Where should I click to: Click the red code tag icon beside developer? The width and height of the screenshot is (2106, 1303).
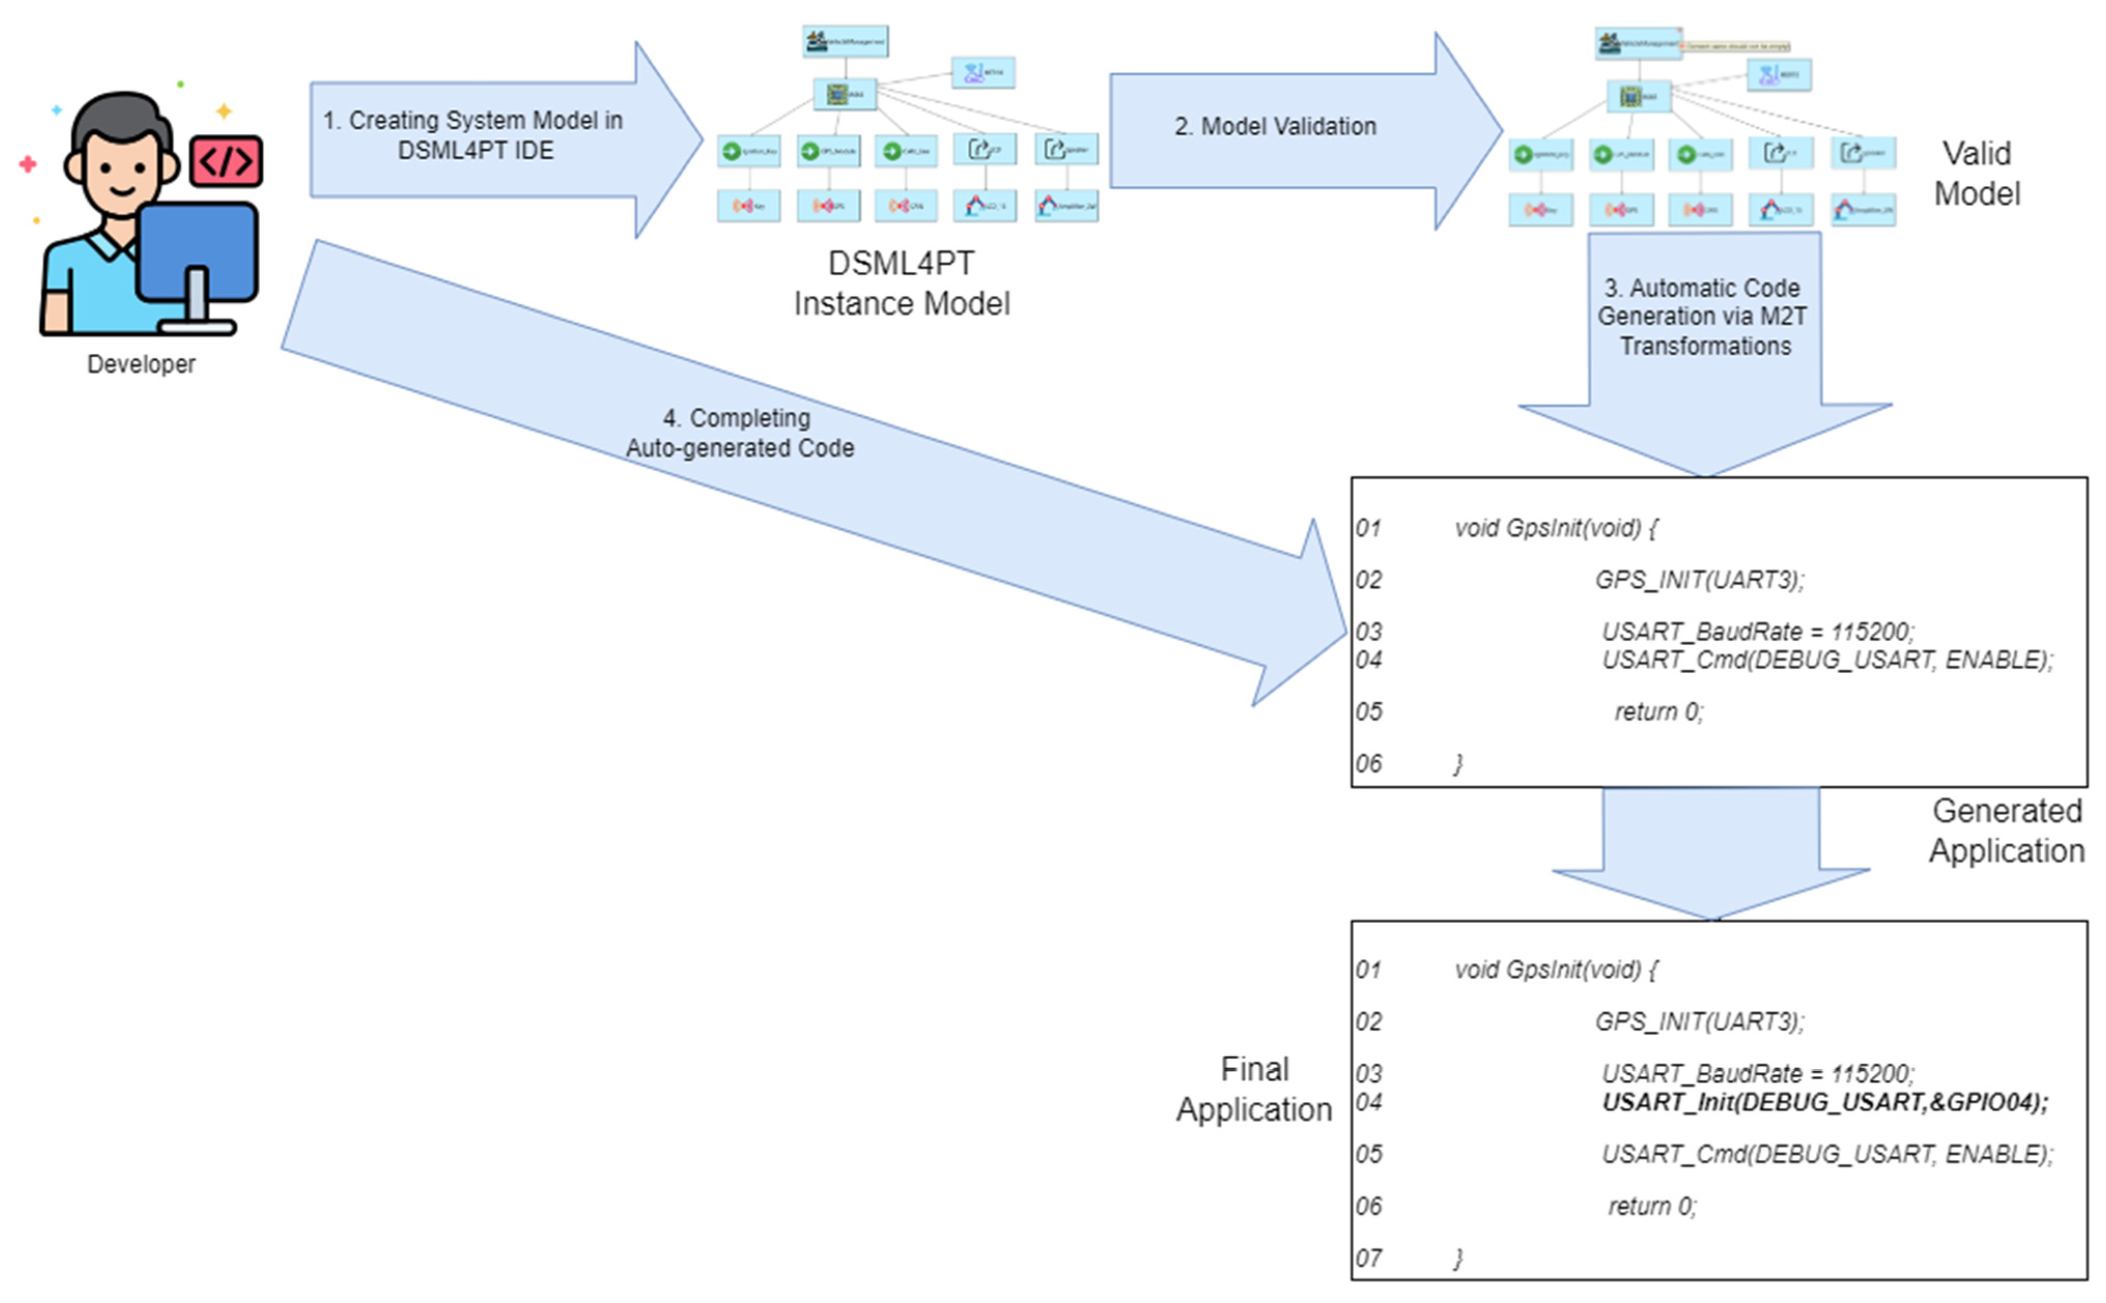tap(226, 161)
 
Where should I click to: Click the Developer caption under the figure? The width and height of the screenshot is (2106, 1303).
tap(142, 364)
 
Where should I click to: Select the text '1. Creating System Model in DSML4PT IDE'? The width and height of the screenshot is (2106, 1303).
tap(473, 135)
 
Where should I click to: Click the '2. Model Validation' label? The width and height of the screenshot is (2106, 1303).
tap(1275, 126)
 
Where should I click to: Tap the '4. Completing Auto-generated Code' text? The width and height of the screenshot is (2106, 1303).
tap(739, 433)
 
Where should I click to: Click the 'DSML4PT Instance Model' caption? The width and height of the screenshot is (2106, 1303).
tap(901, 284)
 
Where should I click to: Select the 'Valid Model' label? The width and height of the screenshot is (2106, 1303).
tap(1977, 173)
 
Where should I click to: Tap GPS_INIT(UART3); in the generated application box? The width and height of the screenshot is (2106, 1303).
tap(1699, 580)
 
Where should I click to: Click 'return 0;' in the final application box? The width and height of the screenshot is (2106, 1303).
tap(1652, 1207)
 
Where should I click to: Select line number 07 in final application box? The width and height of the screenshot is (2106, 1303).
tap(1368, 1258)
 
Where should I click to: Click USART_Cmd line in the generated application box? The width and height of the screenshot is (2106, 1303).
tap(1827, 660)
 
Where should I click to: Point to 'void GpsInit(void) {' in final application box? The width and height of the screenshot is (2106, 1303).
tap(1556, 970)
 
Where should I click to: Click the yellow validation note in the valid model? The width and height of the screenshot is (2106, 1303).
tap(1737, 46)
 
